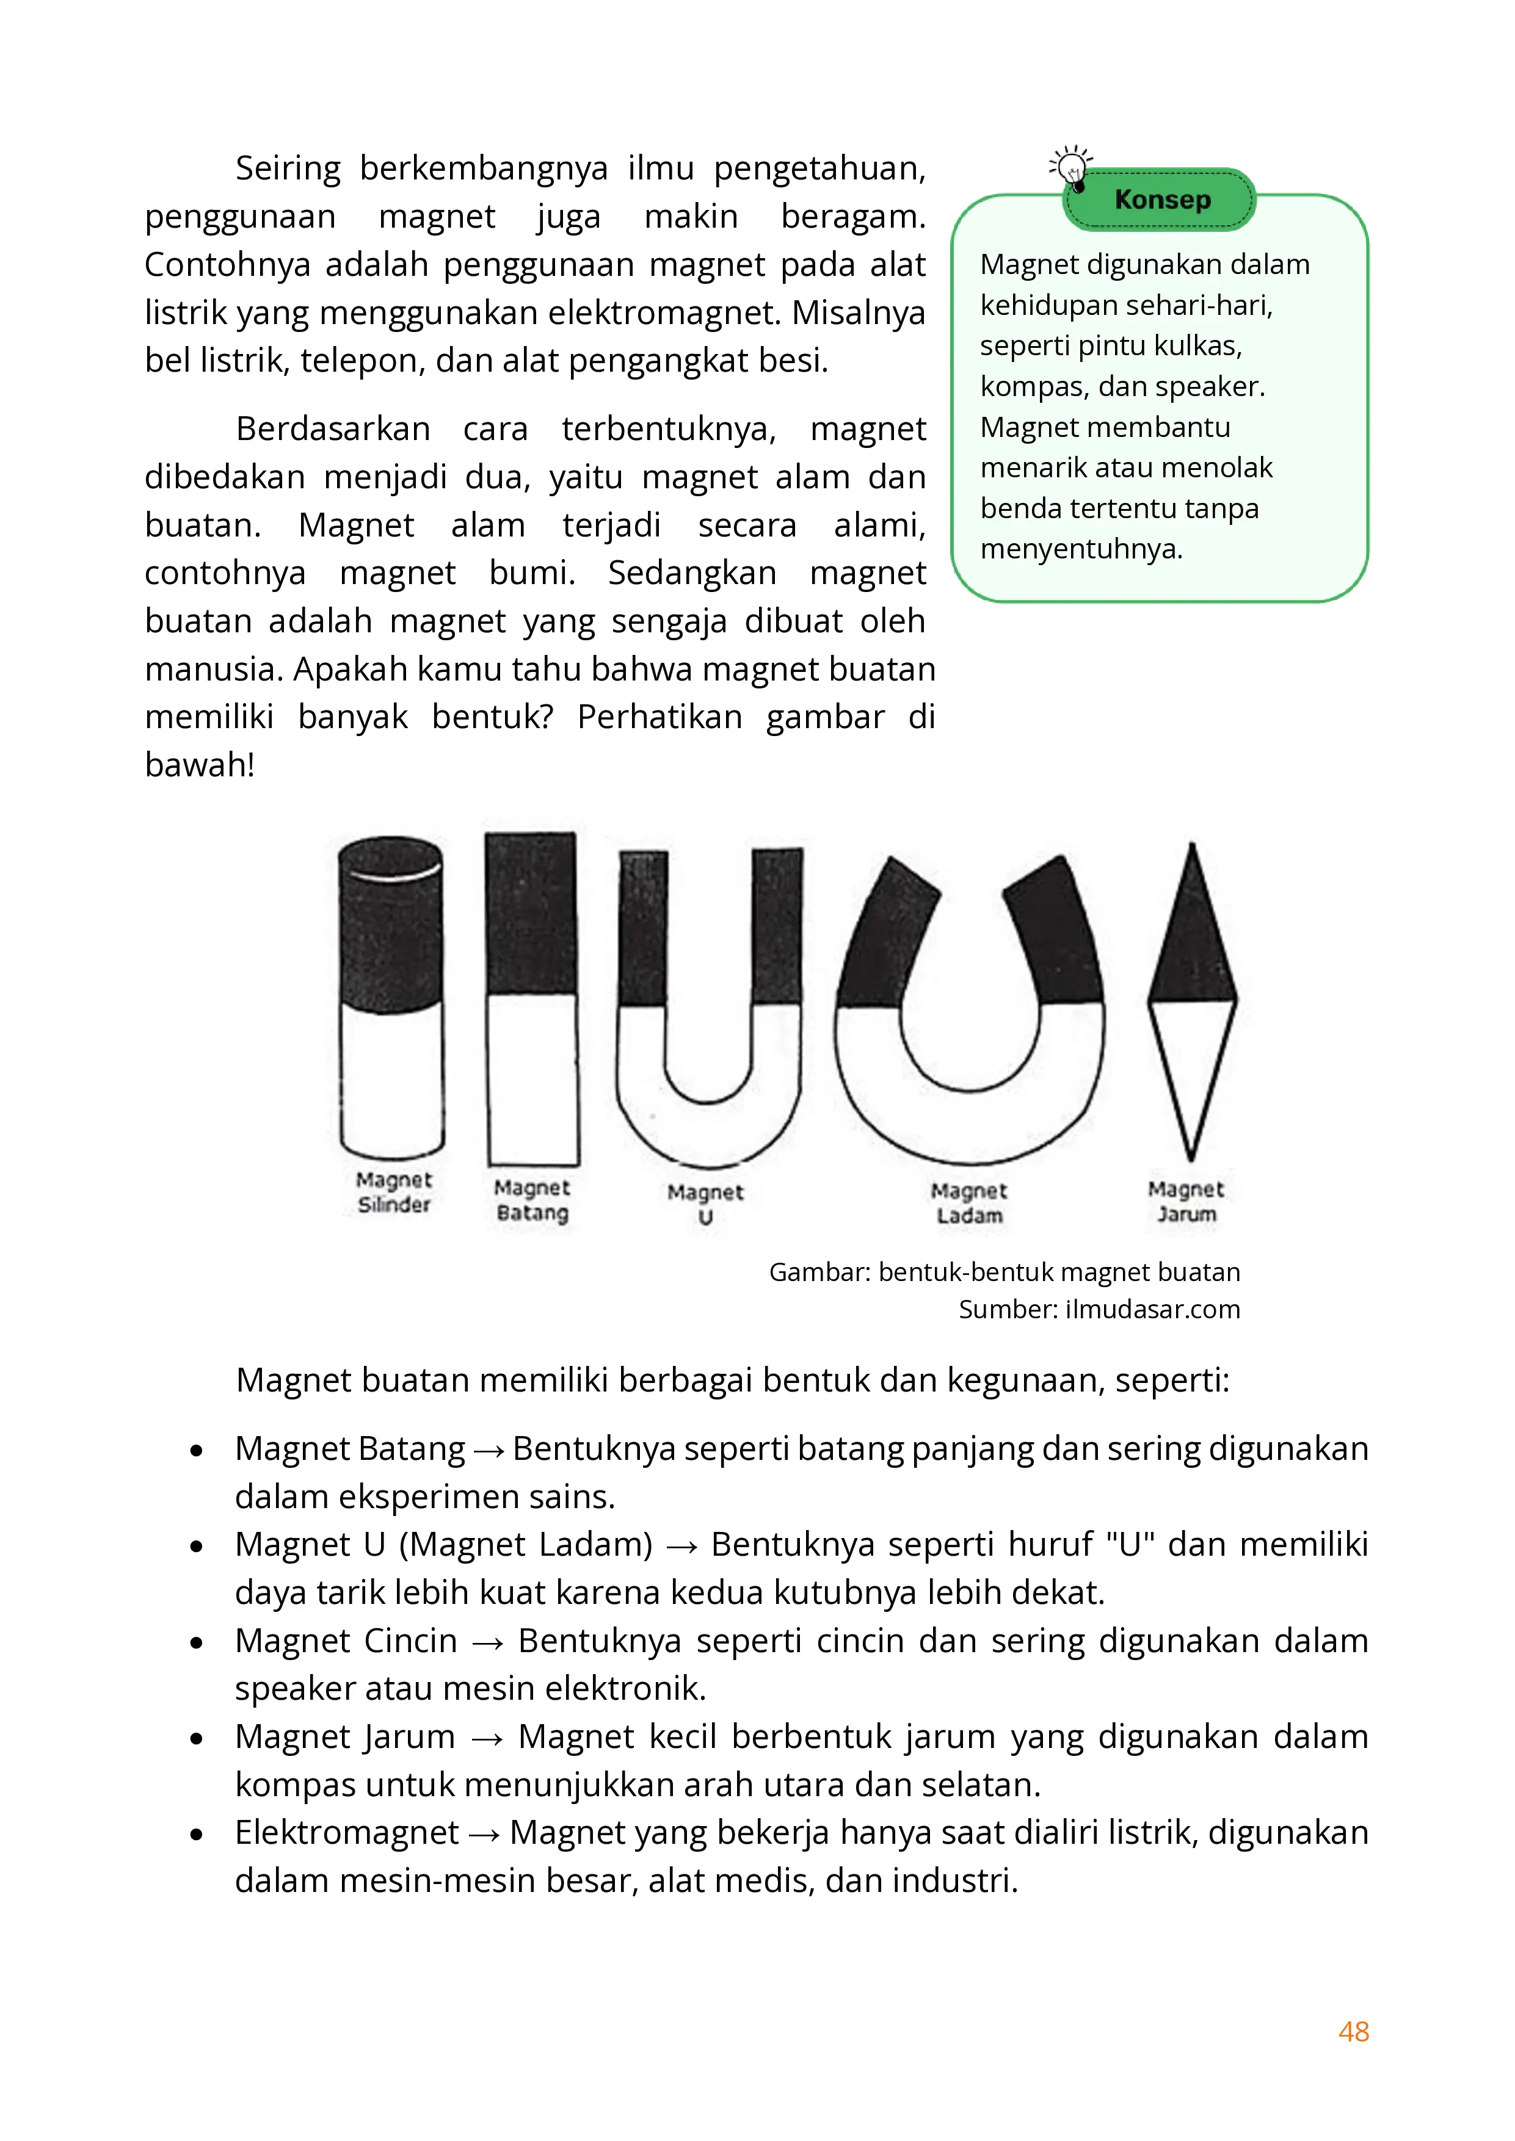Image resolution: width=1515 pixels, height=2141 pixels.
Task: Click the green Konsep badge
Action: point(1161,200)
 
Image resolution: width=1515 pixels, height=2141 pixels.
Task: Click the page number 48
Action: point(1353,2031)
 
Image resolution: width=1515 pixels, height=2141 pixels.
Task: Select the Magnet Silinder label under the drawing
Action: point(394,1192)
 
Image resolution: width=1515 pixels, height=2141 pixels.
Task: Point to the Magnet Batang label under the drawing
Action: point(532,1199)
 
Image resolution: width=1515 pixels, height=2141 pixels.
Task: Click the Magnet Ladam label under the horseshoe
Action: point(969,1203)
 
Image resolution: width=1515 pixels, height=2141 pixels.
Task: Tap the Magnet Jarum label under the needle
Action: point(1186,1201)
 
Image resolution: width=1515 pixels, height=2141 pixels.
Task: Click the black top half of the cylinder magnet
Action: point(391,933)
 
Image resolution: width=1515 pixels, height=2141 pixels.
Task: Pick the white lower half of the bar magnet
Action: point(532,1077)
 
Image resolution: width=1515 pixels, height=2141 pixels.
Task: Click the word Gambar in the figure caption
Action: point(818,1272)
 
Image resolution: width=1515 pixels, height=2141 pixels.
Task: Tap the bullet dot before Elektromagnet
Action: point(196,1834)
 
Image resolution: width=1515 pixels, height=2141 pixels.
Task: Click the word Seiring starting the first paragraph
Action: point(288,168)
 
